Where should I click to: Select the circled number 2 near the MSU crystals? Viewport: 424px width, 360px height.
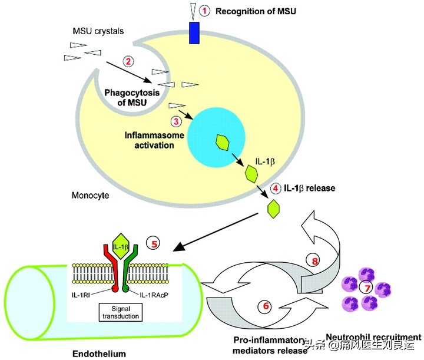tap(128, 61)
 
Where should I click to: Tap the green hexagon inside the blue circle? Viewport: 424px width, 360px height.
tap(223, 142)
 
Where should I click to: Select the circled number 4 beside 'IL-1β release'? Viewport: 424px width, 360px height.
tap(276, 189)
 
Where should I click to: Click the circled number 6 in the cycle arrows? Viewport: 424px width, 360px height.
tap(265, 306)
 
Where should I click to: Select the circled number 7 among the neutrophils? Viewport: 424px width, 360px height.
tap(367, 288)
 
